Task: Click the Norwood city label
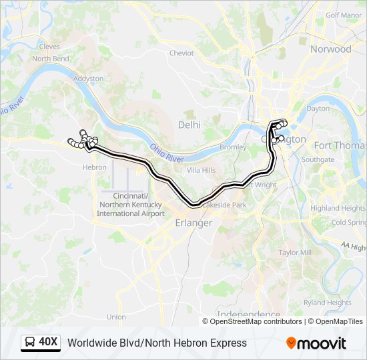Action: pyautogui.click(x=330, y=49)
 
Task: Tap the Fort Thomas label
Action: pyautogui.click(x=340, y=145)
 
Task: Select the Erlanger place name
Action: pyautogui.click(x=194, y=223)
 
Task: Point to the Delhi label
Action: pyautogui.click(x=189, y=124)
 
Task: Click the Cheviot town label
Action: pyautogui.click(x=181, y=53)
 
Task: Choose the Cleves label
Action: pyautogui.click(x=49, y=47)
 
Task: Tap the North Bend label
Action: pyautogui.click(x=51, y=59)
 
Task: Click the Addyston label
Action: pyautogui.click(x=88, y=78)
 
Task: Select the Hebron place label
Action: pyautogui.click(x=94, y=167)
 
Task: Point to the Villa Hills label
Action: pyautogui.click(x=201, y=171)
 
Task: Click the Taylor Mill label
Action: pyautogui.click(x=295, y=253)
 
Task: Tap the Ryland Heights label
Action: pyautogui.click(x=328, y=302)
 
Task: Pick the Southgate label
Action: pyautogui.click(x=318, y=160)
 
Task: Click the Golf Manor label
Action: pyautogui.click(x=344, y=15)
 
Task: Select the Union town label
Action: pyautogui.click(x=115, y=317)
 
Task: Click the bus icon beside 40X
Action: pyautogui.click(x=30, y=343)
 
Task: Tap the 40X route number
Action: pyautogui.click(x=49, y=343)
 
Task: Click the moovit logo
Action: pyautogui.click(x=316, y=343)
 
